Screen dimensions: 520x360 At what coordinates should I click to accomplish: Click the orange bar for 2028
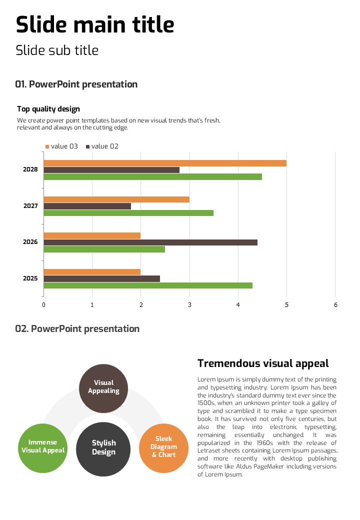point(165,163)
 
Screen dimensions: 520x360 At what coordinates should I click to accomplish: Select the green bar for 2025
point(148,285)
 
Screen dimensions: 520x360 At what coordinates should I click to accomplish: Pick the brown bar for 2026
point(150,242)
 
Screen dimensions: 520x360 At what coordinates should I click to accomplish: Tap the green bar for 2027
point(128,213)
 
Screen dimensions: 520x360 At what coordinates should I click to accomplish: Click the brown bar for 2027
point(87,206)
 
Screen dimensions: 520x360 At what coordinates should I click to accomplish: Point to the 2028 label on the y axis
point(30,169)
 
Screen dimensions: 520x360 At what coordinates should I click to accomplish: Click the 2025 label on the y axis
point(30,278)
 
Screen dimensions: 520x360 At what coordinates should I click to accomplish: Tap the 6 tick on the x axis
point(335,305)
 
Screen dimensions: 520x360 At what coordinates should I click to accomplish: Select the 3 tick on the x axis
point(189,305)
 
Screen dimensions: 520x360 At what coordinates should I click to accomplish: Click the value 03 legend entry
point(61,146)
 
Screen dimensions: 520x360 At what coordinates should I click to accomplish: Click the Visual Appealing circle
point(103,388)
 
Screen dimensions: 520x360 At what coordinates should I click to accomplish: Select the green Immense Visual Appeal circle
point(42,447)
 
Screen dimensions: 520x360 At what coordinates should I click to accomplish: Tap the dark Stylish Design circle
point(103,448)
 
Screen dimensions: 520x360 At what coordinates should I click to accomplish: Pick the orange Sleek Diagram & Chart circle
point(163,447)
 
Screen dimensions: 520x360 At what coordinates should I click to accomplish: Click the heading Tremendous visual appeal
point(263,363)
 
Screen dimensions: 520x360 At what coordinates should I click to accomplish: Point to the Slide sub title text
point(57,50)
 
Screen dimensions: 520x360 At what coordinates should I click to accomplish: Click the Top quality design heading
point(48,109)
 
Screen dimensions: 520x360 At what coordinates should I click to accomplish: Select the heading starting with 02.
point(77,328)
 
